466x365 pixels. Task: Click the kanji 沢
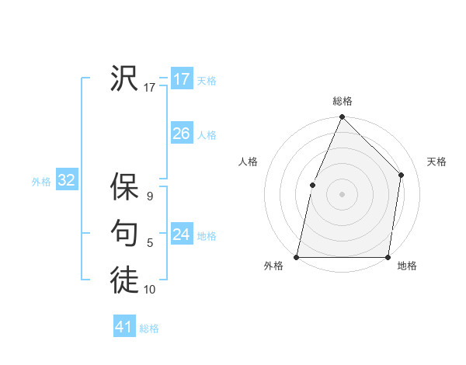[x=124, y=78]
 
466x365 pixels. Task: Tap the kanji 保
[x=124, y=188]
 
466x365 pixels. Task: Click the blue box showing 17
[x=181, y=79]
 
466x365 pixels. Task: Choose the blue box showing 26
[x=181, y=134]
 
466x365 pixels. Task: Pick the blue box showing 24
[x=181, y=235]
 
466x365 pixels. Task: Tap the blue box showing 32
[x=66, y=181]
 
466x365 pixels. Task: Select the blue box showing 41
[x=124, y=327]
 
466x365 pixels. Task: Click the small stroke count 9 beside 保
[x=149, y=196]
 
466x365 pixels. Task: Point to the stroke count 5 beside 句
[x=149, y=243]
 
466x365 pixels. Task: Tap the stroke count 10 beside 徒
[x=149, y=290]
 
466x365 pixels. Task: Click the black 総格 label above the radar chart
[x=342, y=101]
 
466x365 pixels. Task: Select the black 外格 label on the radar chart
[x=273, y=266]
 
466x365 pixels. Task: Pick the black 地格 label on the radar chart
[x=407, y=266]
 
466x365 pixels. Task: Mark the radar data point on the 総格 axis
[x=342, y=117]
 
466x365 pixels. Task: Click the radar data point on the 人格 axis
[x=312, y=185]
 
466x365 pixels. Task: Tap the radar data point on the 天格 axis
[x=402, y=175]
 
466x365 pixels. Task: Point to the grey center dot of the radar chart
[x=342, y=193]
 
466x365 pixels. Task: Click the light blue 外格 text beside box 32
[x=41, y=182]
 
